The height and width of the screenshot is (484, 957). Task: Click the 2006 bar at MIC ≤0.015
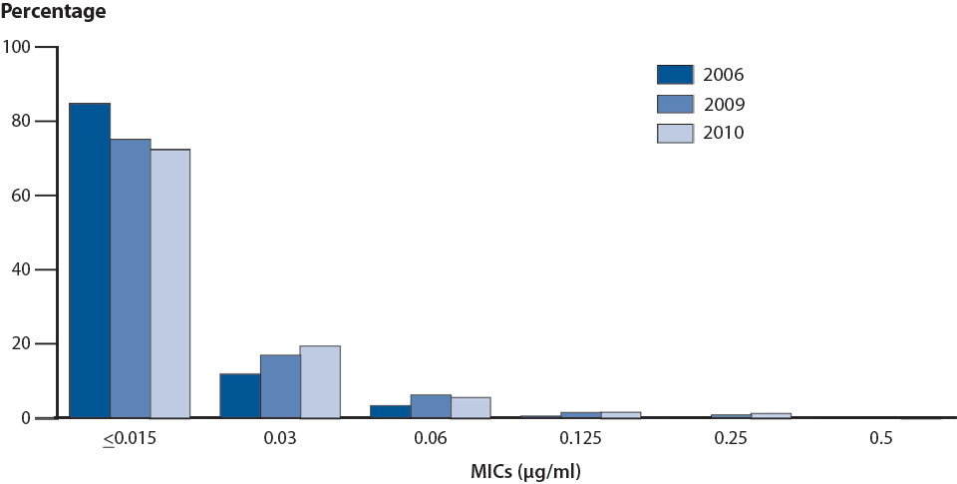tap(90, 260)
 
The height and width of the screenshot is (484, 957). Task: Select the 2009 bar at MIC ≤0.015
tap(131, 278)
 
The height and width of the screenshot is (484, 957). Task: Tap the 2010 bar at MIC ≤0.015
tap(170, 283)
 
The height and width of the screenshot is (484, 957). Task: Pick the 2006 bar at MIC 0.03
tap(239, 395)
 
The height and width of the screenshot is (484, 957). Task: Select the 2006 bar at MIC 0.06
tap(390, 411)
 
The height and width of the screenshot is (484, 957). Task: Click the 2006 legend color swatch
tap(675, 74)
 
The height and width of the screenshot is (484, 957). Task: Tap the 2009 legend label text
tap(725, 104)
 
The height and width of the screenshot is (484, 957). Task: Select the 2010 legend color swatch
tap(675, 133)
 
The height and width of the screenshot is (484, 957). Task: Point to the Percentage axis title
tap(54, 13)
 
